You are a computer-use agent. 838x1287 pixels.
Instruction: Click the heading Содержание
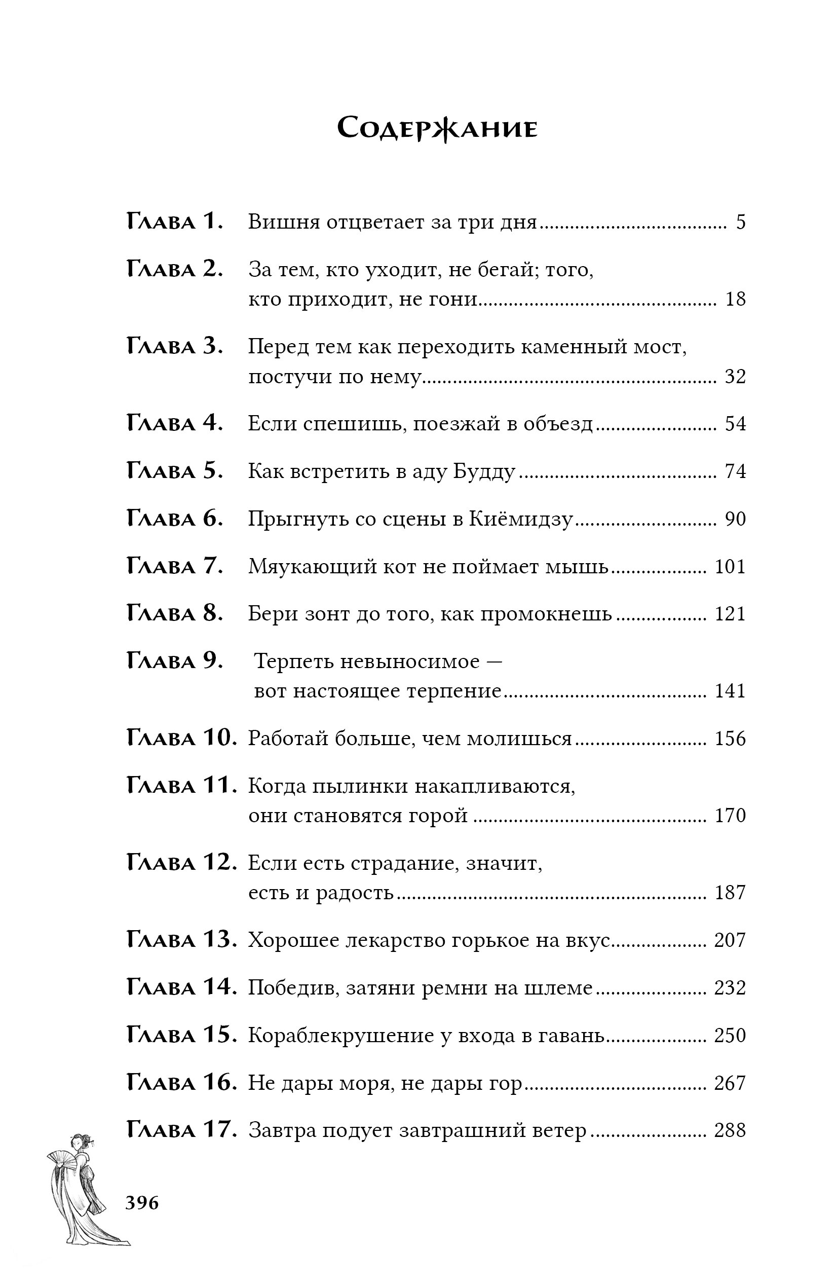pos(437,129)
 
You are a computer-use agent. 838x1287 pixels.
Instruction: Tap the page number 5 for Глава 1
pos(740,222)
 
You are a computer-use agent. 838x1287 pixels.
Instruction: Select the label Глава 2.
pos(175,269)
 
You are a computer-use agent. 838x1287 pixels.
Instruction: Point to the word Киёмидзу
pos(520,519)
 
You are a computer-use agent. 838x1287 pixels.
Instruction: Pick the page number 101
pos(730,567)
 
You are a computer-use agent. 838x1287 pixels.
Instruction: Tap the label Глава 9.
pos(175,661)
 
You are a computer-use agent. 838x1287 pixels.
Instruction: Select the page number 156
pos(730,739)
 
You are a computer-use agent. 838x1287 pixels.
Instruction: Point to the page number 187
pos(730,892)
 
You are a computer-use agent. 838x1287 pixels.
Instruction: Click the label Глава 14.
pos(181,987)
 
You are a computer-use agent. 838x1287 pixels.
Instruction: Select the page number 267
pos(730,1083)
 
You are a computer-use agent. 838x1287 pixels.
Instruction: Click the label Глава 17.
pos(181,1130)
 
